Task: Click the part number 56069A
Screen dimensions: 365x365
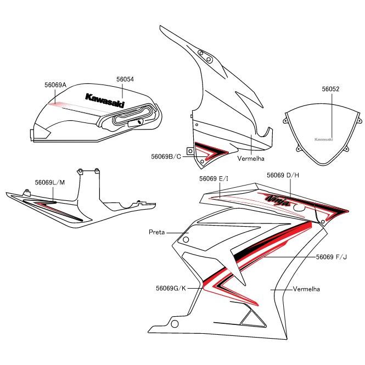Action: point(55,85)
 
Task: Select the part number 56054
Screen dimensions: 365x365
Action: point(125,79)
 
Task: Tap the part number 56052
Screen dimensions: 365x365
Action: point(330,88)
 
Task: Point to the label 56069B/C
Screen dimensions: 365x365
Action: point(166,156)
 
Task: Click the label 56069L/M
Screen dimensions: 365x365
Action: point(49,182)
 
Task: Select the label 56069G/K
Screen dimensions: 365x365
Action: point(171,287)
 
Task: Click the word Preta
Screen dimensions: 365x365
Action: point(156,232)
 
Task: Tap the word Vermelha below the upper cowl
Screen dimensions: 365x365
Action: point(251,159)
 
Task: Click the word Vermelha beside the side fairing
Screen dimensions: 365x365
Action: point(306,289)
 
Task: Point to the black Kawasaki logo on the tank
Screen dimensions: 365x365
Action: point(104,100)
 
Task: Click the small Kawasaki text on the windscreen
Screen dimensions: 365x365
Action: point(324,139)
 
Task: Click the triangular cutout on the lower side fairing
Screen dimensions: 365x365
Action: point(251,317)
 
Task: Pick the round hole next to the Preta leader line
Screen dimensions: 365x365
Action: point(185,239)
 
